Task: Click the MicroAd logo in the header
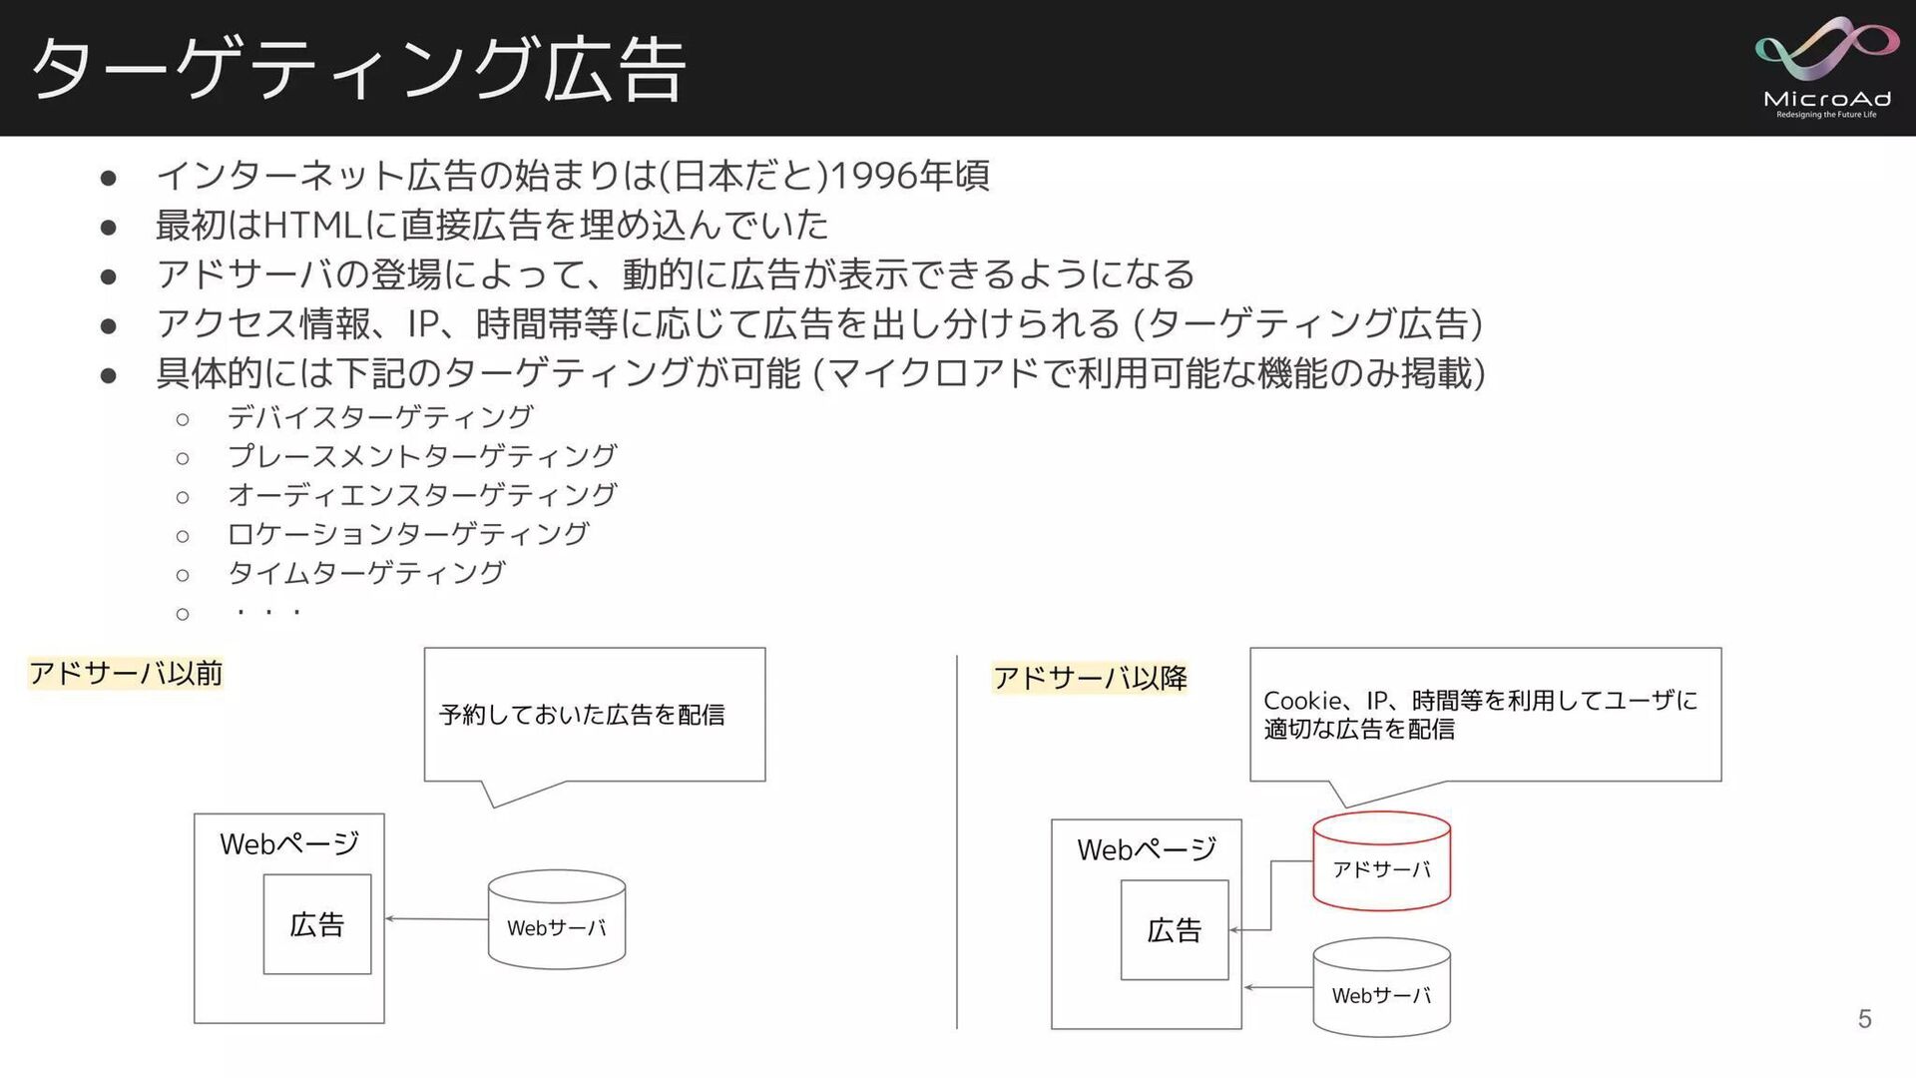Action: pos(1826,67)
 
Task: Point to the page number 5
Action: pos(1864,1018)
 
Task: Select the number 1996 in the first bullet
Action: pos(873,176)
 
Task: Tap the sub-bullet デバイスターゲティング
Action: pos(380,417)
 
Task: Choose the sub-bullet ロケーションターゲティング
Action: pos(408,534)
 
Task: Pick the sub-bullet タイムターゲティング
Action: pos(366,573)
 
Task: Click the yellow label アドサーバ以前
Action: pos(126,674)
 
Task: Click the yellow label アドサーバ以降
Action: pos(1090,679)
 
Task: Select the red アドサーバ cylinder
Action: pos(1381,860)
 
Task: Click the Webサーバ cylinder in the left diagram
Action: pos(557,920)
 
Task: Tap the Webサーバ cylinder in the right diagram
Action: pos(1381,988)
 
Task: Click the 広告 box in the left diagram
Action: pos(317,924)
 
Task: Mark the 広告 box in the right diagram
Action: pos(1175,930)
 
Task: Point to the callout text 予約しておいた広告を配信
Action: pos(582,715)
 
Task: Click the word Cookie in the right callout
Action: pos(1302,701)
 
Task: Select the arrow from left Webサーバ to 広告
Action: pos(437,918)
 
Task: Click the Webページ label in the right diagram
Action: pos(1147,849)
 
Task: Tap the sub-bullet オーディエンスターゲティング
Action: pos(422,495)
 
